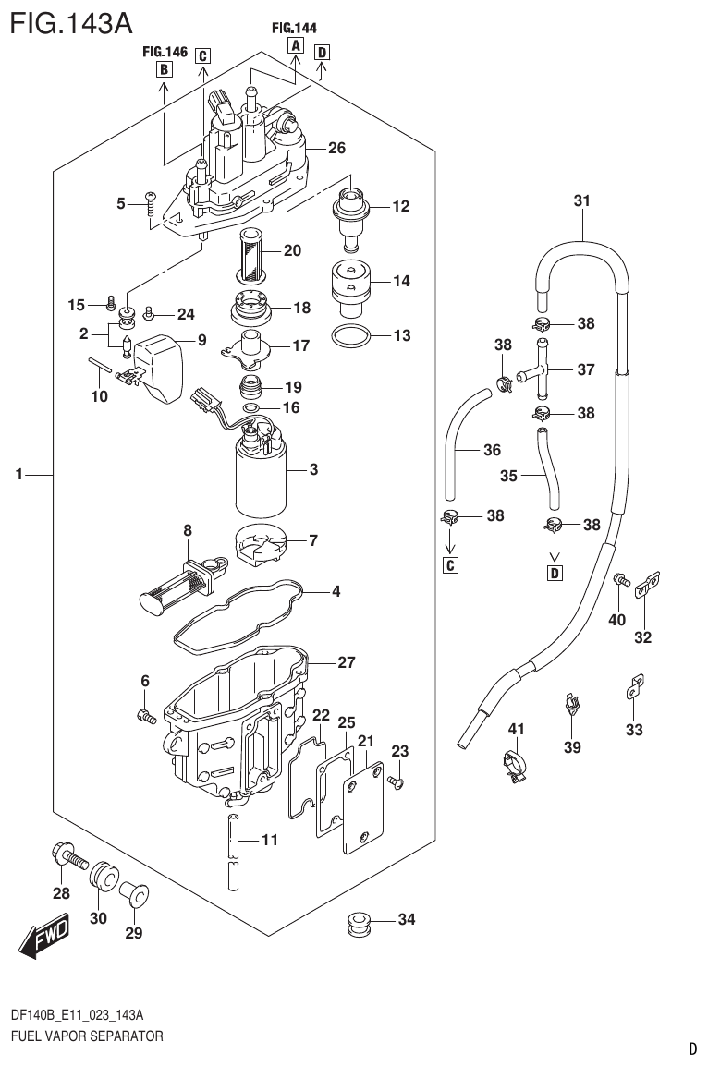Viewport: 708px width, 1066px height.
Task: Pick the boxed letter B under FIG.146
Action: tap(163, 69)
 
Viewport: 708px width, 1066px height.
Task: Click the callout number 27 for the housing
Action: tap(347, 662)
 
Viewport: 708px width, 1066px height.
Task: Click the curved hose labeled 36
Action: tap(458, 443)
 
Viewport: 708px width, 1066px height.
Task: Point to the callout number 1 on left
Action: tap(18, 475)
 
